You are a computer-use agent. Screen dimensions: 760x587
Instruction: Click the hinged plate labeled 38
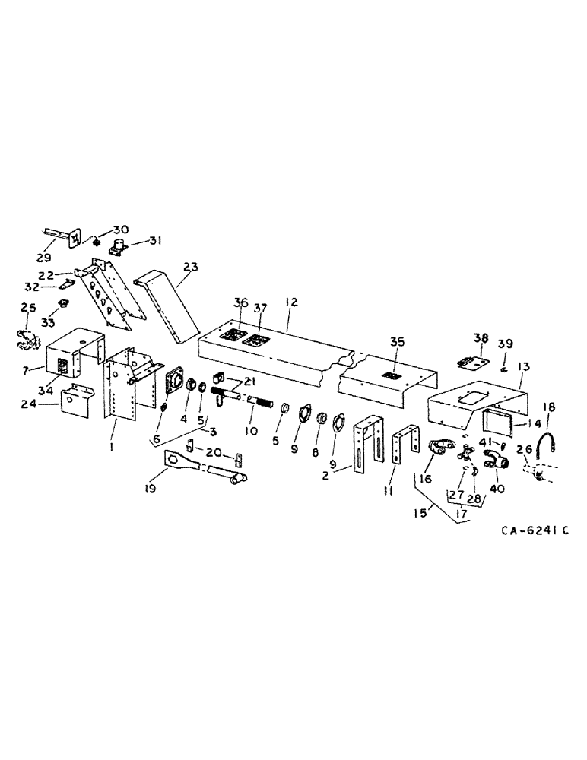[x=471, y=364]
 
